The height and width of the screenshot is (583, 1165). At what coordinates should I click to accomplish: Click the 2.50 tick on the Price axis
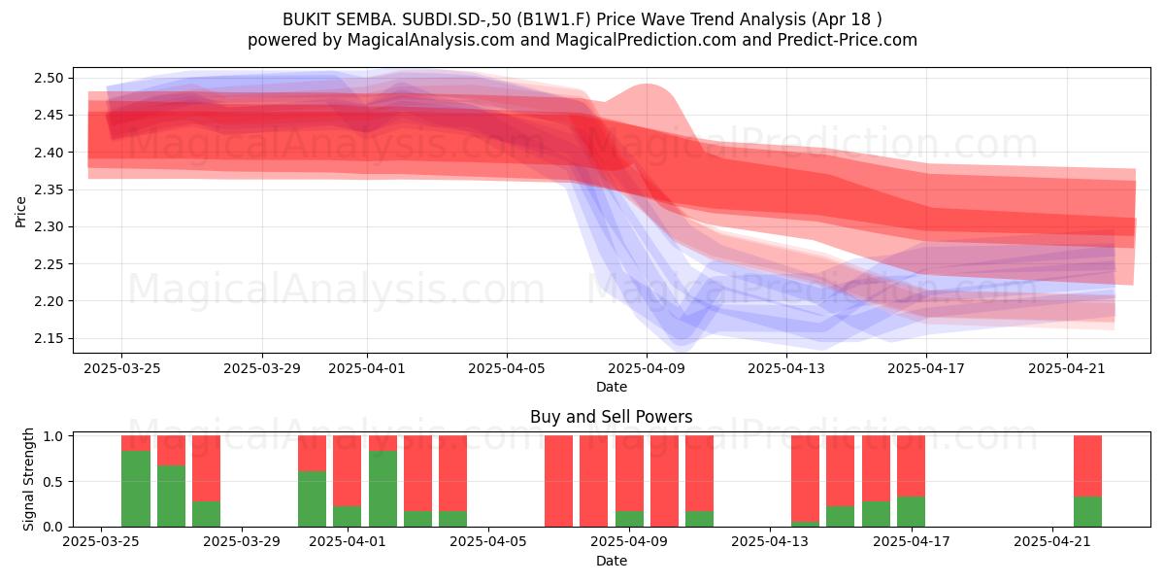click(49, 78)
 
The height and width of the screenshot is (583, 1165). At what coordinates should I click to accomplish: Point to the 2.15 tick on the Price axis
click(49, 338)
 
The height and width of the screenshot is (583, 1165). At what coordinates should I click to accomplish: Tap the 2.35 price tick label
click(49, 189)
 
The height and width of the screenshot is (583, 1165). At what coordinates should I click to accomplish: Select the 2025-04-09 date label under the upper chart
click(647, 368)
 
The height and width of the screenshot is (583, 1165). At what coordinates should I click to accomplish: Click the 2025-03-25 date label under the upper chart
click(122, 368)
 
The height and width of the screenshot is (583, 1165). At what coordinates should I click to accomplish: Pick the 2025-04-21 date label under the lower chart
click(1052, 541)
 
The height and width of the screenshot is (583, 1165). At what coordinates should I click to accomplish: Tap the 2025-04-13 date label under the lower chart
click(770, 541)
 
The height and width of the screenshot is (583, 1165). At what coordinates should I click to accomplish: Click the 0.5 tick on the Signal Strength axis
click(53, 482)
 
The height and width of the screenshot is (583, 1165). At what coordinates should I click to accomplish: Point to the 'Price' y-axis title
click(20, 212)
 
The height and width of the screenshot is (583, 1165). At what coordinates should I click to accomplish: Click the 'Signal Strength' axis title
click(28, 479)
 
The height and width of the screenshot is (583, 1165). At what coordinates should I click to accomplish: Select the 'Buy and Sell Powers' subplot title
click(611, 417)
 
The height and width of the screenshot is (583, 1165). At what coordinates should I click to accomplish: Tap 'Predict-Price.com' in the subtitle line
click(848, 40)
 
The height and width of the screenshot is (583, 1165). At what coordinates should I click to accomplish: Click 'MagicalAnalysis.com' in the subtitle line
click(431, 40)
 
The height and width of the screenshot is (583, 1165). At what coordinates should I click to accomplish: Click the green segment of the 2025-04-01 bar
click(348, 516)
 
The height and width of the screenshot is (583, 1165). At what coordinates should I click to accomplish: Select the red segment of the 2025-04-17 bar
click(912, 465)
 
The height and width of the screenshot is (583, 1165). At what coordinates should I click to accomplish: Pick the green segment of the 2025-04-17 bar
click(912, 512)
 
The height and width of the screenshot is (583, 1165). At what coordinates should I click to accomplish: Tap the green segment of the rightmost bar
click(1088, 512)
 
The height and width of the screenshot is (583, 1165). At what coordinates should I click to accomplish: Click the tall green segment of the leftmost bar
click(136, 489)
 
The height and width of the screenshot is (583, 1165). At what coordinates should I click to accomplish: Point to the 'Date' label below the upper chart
click(611, 387)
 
